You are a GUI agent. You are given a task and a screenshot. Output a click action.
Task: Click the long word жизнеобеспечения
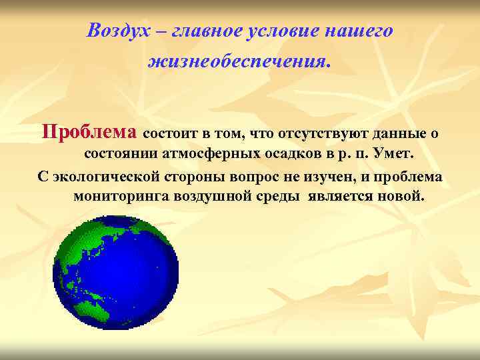pos(239,62)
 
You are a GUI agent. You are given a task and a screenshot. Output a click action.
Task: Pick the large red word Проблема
pos(89,131)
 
